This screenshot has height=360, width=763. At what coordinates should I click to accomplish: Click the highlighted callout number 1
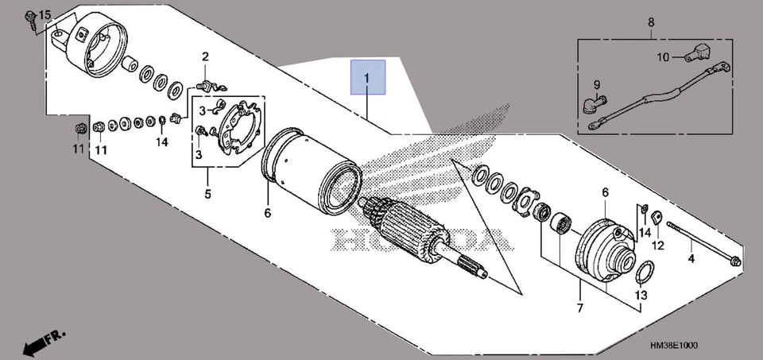(368, 78)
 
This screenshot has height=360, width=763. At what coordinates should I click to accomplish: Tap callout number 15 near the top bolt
(45, 16)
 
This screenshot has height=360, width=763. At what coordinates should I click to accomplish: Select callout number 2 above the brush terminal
(204, 56)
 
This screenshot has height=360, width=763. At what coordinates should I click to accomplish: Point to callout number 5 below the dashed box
(207, 193)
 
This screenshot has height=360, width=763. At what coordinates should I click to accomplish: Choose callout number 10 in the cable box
(664, 56)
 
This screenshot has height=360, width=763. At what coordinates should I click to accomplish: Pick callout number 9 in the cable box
(595, 84)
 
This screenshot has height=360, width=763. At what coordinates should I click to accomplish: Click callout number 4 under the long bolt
(691, 258)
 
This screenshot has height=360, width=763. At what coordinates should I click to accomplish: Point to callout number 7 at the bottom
(579, 308)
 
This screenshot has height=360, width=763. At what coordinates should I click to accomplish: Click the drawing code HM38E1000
(673, 346)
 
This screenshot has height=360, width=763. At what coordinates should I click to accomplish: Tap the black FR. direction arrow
(38, 343)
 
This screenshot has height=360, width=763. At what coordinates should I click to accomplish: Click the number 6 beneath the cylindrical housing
(268, 213)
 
